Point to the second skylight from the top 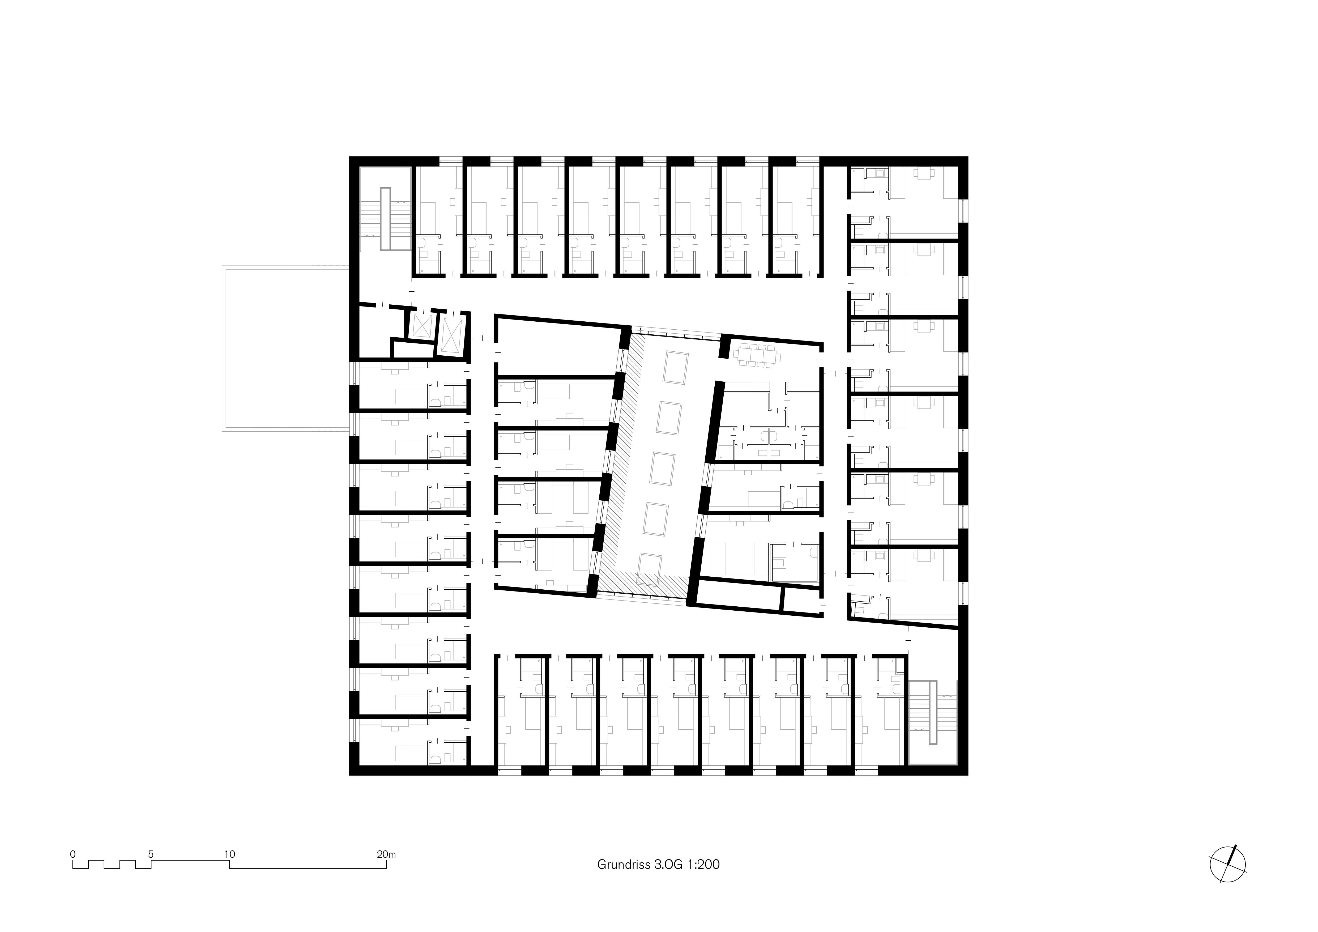[669, 418]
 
